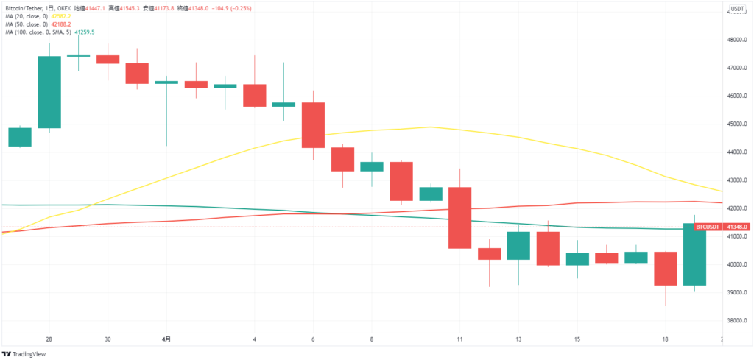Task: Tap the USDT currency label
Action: coord(736,10)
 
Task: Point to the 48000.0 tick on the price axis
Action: coord(738,40)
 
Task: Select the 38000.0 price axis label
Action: coord(738,321)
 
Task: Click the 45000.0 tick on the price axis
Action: coord(738,124)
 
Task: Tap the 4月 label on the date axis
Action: coord(166,339)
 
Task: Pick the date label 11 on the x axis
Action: coord(459,339)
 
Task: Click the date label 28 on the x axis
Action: coord(49,339)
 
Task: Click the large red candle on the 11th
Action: coord(459,218)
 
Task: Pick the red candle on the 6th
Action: coord(313,125)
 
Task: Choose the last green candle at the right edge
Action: coord(694,254)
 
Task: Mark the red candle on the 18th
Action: coord(665,269)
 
